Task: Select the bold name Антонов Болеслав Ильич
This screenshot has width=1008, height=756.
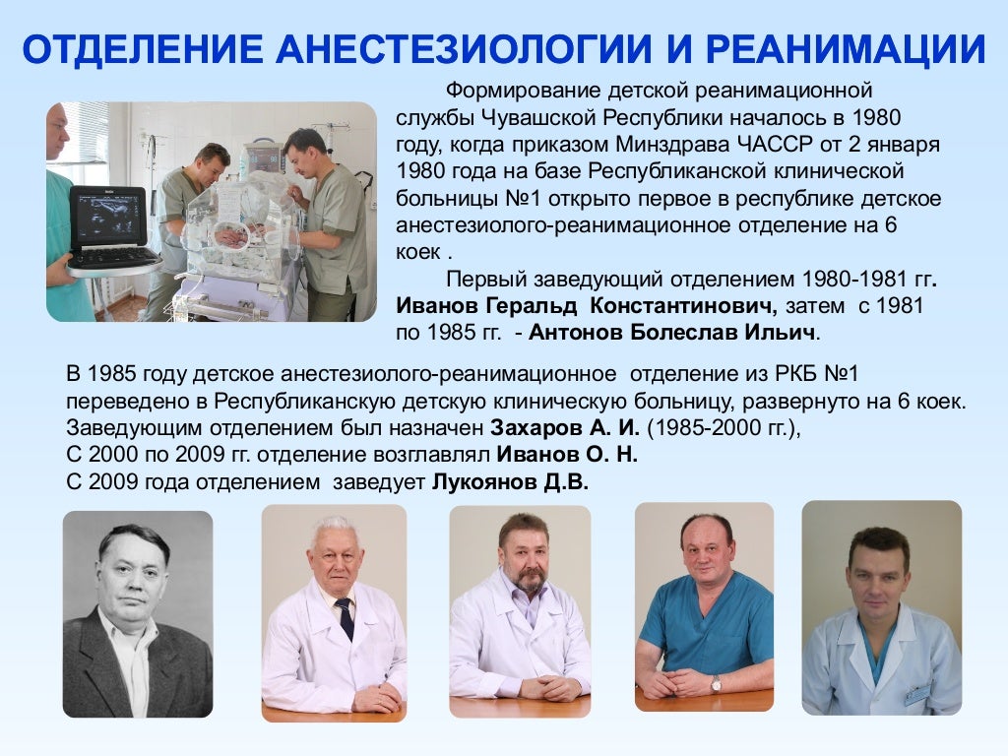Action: coord(673,332)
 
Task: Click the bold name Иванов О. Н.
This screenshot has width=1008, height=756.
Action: coord(567,456)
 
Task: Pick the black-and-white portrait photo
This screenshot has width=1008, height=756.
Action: coord(138,614)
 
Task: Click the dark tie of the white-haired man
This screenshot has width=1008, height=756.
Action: coord(346,618)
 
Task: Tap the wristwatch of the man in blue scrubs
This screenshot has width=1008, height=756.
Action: coord(717,682)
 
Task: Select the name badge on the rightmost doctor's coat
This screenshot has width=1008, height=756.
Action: coord(917,693)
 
